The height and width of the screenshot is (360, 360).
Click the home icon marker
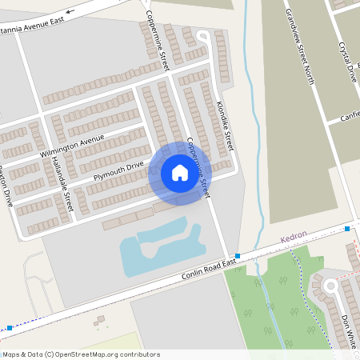pyautogui.click(x=180, y=173)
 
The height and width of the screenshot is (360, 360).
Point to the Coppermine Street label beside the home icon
pyautogui.click(x=197, y=167)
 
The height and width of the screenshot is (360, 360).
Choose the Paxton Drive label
pyautogui.click(x=6, y=186)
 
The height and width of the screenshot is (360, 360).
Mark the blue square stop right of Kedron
pyautogui.click(x=347, y=230)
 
